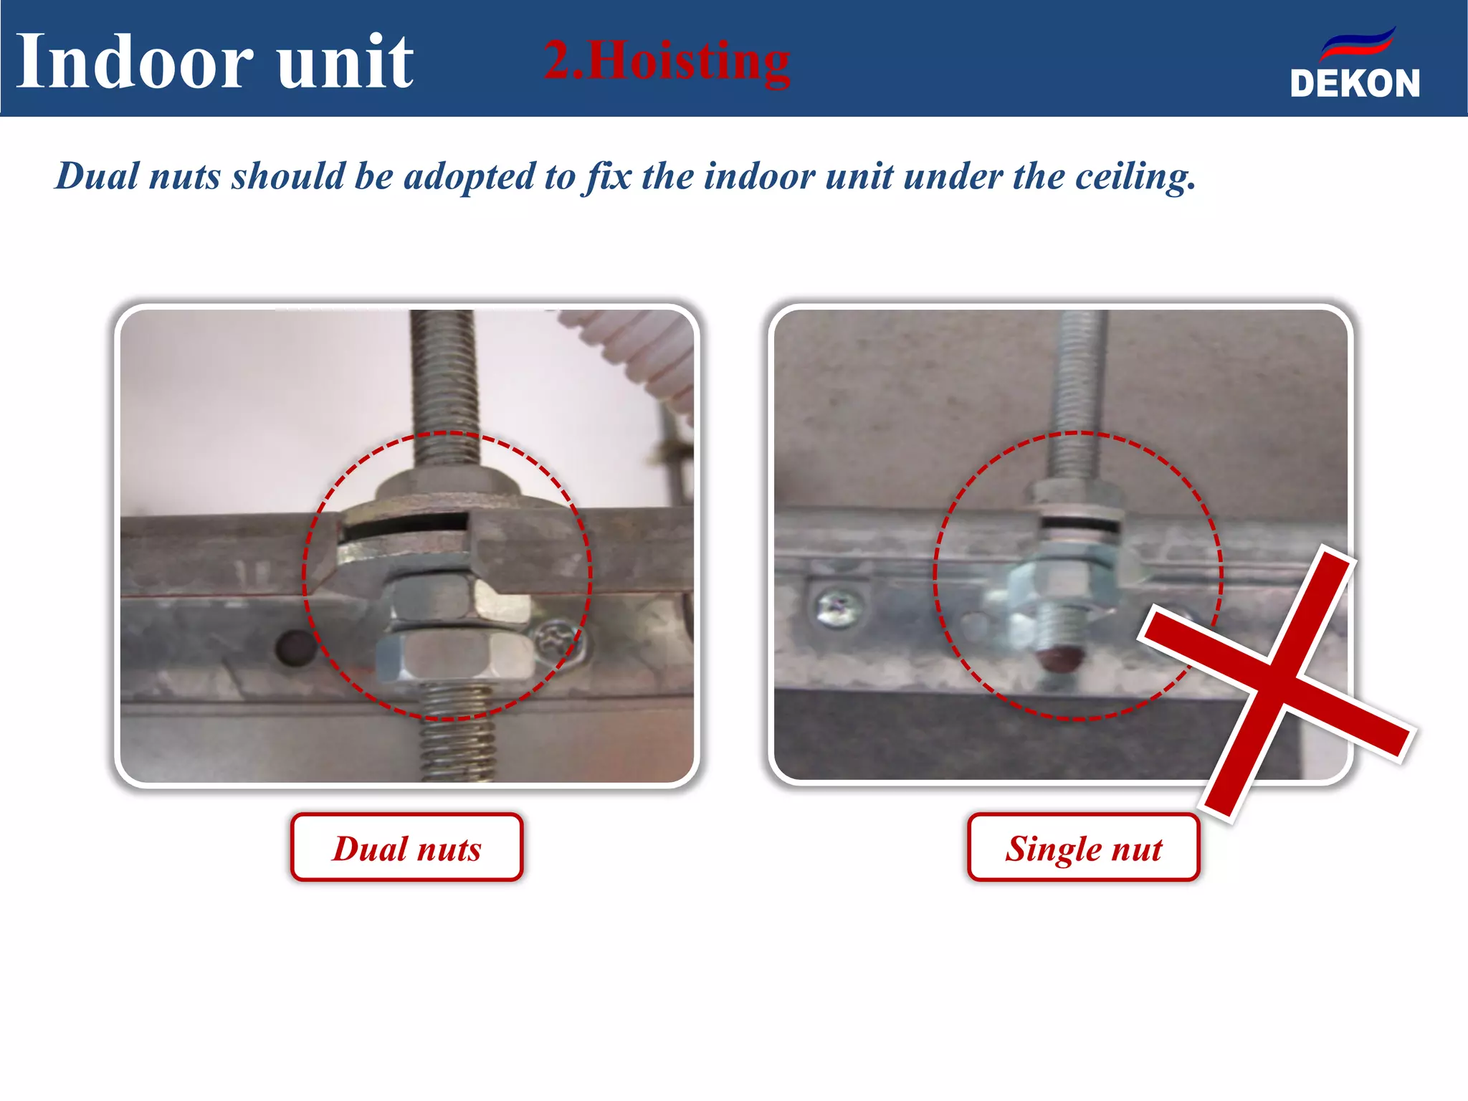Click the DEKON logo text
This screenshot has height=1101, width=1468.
click(x=1354, y=83)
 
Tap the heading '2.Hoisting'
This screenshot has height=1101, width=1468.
click(x=667, y=61)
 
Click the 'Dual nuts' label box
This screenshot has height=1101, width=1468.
click(x=406, y=848)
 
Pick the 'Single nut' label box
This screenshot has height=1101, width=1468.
click(x=1083, y=848)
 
